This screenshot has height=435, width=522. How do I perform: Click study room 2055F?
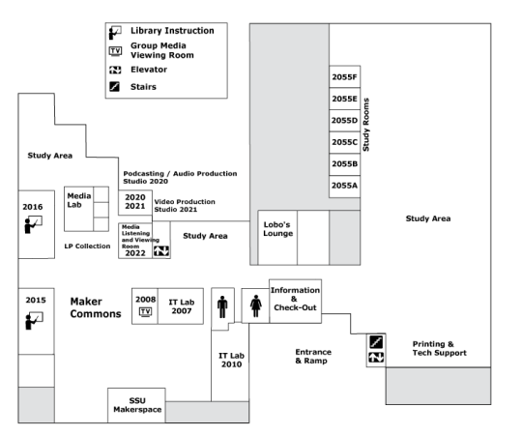pyautogui.click(x=344, y=77)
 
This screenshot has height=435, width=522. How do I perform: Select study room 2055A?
pyautogui.click(x=344, y=187)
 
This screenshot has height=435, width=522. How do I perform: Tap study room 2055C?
pyautogui.click(x=344, y=142)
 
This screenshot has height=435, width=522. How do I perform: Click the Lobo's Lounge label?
pyautogui.click(x=278, y=229)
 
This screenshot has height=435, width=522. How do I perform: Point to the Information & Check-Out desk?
pyautogui.click(x=295, y=301)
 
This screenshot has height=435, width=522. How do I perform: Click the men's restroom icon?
pyautogui.click(x=222, y=306)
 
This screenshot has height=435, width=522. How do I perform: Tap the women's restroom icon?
pyautogui.click(x=255, y=305)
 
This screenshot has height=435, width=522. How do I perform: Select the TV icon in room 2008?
pyautogui.click(x=145, y=312)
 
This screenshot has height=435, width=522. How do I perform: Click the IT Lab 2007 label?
pyautogui.click(x=182, y=306)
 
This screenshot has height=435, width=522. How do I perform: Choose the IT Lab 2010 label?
pyautogui.click(x=231, y=360)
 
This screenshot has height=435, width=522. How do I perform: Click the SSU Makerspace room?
pyautogui.click(x=136, y=405)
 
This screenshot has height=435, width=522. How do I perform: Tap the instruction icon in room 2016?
pyautogui.click(x=33, y=224)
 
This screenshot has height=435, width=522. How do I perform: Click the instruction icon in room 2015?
pyautogui.click(x=34, y=321)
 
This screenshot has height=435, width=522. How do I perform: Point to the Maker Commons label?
pyautogui.click(x=96, y=307)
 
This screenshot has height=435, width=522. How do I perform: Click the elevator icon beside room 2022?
pyautogui.click(x=161, y=251)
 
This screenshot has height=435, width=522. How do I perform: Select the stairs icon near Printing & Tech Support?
pyautogui.click(x=376, y=342)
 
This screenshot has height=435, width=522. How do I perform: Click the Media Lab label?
pyautogui.click(x=79, y=200)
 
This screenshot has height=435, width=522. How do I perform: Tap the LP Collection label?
pyautogui.click(x=87, y=246)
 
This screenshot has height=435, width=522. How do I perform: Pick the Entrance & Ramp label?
pyautogui.click(x=313, y=356)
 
